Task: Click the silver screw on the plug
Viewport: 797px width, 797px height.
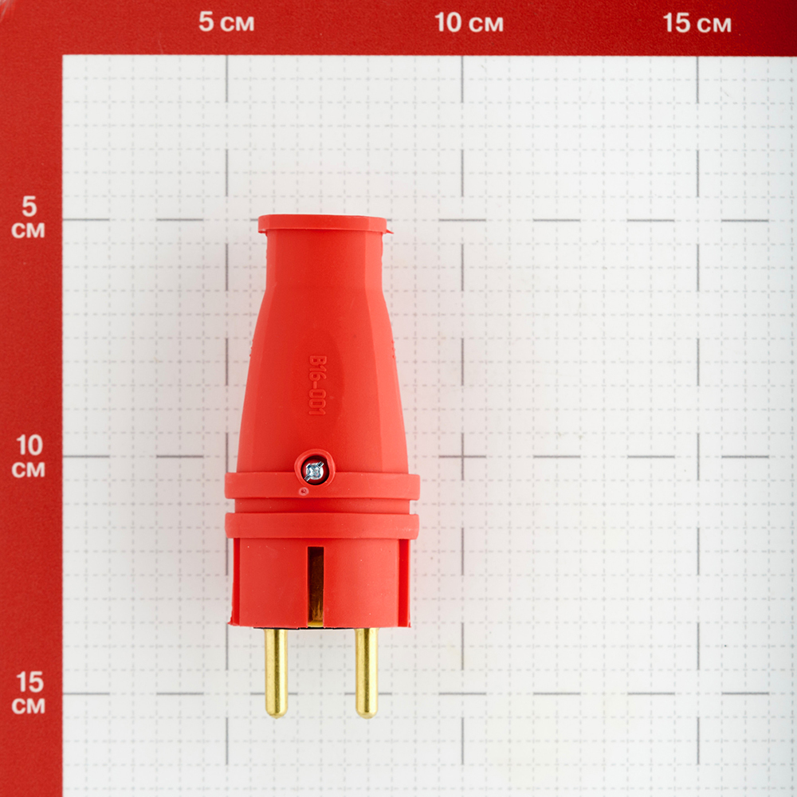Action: point(314,472)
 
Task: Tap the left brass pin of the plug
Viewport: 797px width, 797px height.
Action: point(276,672)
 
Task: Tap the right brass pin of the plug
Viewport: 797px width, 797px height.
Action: point(367,672)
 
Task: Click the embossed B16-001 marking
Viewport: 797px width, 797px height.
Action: point(317,385)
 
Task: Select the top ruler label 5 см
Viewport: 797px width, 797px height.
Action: point(226,22)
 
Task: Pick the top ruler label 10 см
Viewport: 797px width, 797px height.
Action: point(469,23)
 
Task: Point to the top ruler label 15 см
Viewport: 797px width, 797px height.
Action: point(697,23)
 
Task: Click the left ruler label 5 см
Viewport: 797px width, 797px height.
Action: point(29,217)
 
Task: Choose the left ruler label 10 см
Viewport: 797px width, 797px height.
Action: point(29,456)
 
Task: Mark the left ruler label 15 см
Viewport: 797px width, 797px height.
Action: point(29,693)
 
